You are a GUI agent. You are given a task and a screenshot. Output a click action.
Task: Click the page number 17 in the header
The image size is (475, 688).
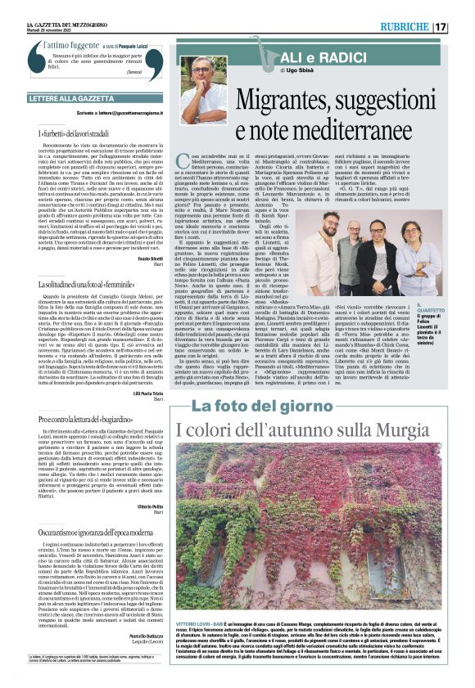[x=463, y=26]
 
